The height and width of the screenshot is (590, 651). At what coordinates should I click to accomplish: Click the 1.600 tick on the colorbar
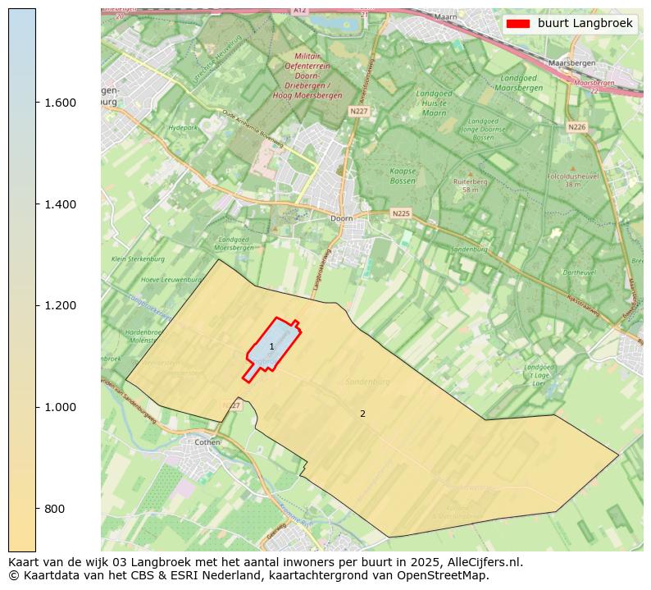(x=61, y=103)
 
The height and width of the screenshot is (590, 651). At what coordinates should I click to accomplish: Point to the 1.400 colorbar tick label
(x=61, y=204)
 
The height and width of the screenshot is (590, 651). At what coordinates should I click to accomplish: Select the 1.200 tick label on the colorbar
(x=61, y=305)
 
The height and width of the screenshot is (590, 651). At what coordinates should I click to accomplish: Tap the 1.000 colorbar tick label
(x=61, y=407)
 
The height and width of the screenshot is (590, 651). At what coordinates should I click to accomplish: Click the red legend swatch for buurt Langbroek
(x=518, y=24)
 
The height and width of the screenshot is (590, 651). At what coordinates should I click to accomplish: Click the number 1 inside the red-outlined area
(x=272, y=347)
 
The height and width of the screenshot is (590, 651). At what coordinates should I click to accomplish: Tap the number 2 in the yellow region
(x=362, y=414)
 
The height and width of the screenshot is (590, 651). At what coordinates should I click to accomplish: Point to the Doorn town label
(x=341, y=219)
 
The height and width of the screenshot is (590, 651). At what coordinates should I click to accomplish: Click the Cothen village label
(x=207, y=442)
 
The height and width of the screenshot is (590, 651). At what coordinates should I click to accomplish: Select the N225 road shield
(x=400, y=213)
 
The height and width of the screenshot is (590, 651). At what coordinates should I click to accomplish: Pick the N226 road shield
(x=576, y=127)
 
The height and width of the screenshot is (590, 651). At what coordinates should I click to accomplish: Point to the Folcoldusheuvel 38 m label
(x=561, y=180)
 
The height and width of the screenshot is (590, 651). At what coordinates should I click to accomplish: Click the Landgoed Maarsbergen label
(x=520, y=83)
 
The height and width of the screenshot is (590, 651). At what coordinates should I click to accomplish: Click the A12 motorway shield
(x=299, y=11)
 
